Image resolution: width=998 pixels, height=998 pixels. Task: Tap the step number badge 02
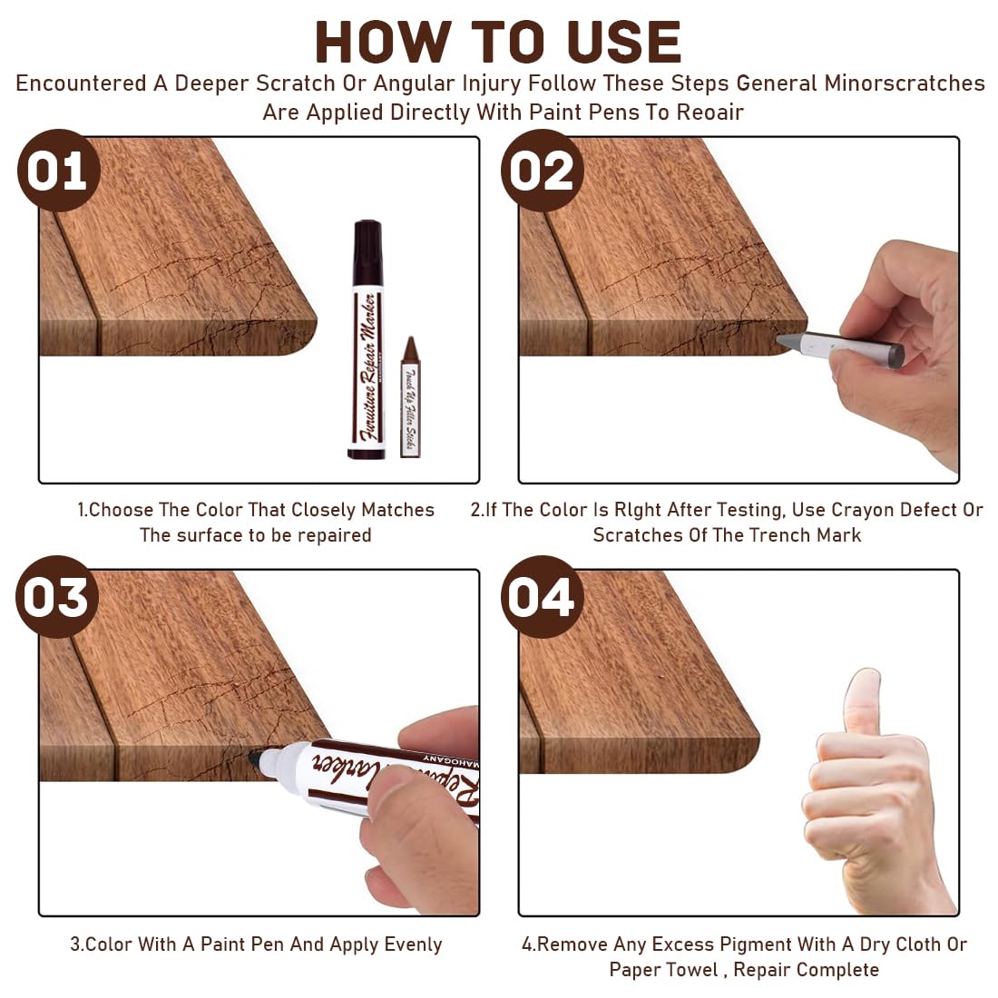[542, 171]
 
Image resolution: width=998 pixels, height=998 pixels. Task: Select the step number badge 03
[56, 597]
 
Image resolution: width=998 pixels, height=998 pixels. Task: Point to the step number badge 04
[541, 597]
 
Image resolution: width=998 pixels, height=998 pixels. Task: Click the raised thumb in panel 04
[862, 703]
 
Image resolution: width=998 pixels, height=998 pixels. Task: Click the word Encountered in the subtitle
[81, 83]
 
